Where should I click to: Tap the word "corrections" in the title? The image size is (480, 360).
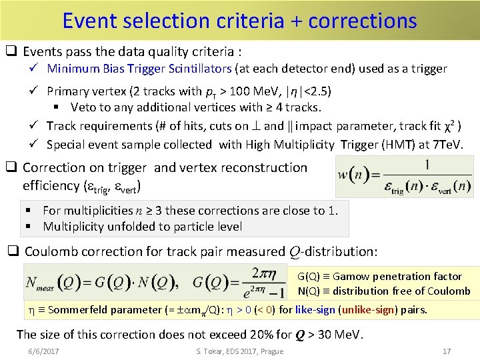click(x=364, y=21)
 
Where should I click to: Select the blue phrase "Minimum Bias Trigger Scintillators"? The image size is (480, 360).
click(x=139, y=69)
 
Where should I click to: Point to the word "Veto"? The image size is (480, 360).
click(x=83, y=107)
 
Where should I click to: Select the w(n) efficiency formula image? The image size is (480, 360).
click(x=405, y=177)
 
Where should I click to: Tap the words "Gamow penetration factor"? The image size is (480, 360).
click(x=397, y=276)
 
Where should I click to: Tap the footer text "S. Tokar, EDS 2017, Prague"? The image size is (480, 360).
click(x=239, y=351)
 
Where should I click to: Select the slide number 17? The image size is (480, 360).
click(x=447, y=351)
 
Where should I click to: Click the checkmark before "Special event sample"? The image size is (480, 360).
click(x=37, y=145)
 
